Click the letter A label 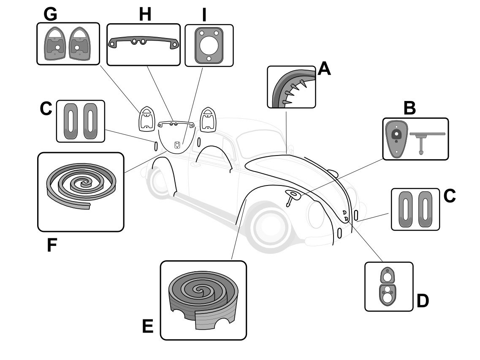tap(324, 68)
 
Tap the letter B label tap(409, 109)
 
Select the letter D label tap(422, 301)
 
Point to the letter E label tap(148, 326)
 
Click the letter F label tap(52, 245)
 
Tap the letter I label tap(204, 15)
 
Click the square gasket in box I tap(209, 45)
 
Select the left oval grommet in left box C tap(70, 121)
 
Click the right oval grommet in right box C tap(425, 209)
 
